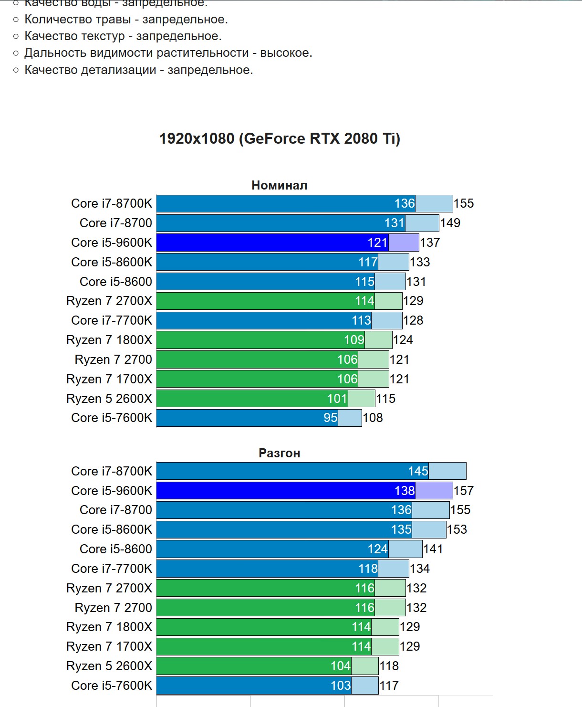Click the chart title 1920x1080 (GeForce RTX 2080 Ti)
280,138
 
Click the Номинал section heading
280,185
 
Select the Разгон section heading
280,453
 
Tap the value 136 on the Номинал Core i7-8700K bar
405,203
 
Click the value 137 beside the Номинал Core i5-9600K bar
430,243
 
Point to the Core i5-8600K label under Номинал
112,262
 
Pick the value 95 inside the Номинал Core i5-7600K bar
331,418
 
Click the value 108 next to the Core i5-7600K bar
373,418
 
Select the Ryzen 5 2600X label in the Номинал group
109,399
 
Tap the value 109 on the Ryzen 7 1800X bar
354,340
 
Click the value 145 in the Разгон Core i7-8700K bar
418,471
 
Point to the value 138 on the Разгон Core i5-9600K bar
405,491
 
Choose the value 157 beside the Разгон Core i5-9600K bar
464,491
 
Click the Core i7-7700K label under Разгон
112,569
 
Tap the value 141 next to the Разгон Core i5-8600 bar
433,549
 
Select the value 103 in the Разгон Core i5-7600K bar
341,686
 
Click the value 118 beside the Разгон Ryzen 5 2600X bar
389,666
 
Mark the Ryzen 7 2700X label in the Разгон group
109,588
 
